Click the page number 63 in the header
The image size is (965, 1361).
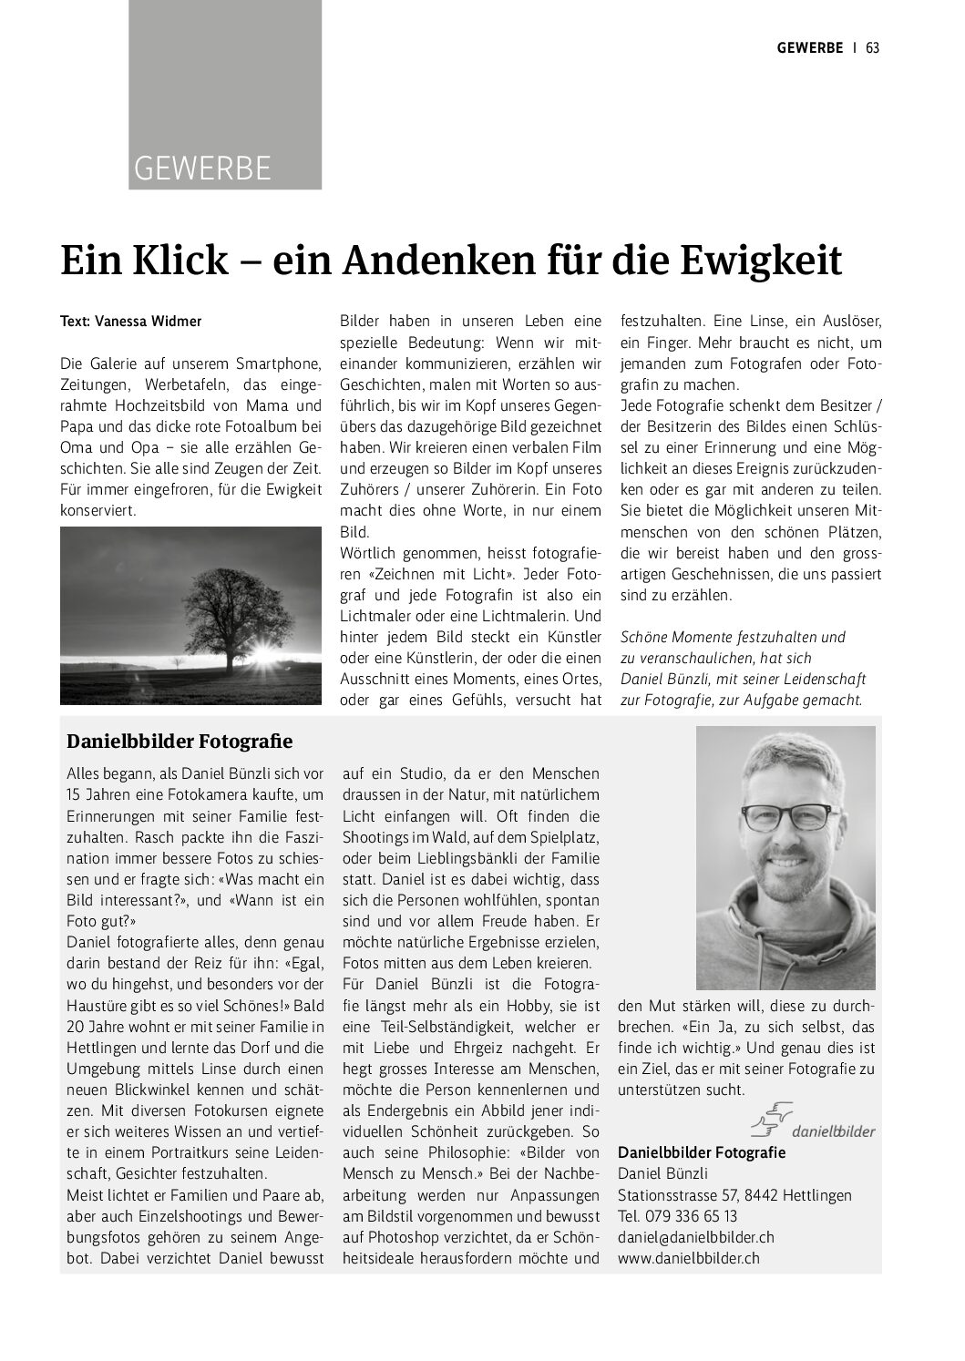pos(872,48)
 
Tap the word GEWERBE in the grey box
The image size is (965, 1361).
pos(202,169)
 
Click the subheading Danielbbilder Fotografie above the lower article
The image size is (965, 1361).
pos(180,742)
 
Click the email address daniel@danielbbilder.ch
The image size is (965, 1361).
pos(696,1237)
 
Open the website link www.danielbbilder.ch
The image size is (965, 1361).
pos(688,1258)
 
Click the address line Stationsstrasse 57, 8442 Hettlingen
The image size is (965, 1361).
pos(734,1195)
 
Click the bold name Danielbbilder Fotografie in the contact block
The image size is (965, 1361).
pos(702,1152)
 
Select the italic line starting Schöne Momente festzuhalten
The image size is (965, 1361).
pos(732,637)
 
